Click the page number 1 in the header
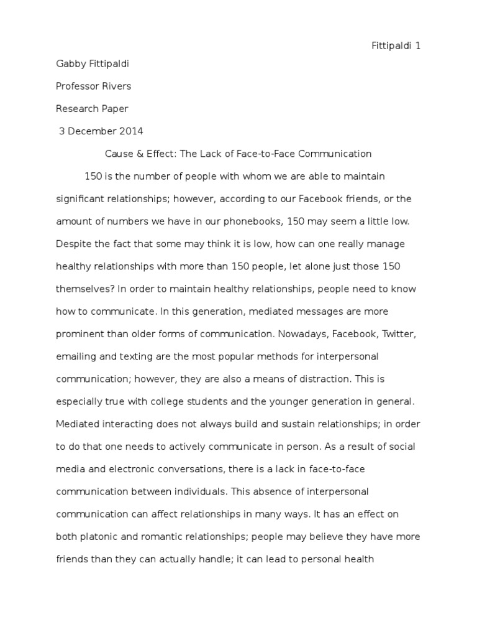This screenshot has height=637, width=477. [419, 47]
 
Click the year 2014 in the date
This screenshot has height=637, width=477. [130, 131]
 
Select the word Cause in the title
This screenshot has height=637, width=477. [118, 153]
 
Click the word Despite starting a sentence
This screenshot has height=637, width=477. [73, 244]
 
